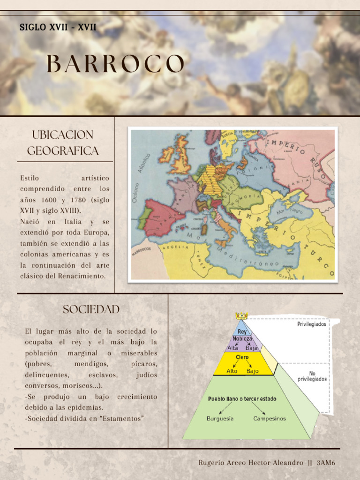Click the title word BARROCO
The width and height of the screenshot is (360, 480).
pos(115,64)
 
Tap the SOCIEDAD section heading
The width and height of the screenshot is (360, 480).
pos(91,309)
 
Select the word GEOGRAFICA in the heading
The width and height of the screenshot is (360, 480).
pos(63,151)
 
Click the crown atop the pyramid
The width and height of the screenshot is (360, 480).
pos(242,317)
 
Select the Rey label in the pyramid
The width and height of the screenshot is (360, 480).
pos(242,331)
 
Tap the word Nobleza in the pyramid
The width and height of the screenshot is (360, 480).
pos(242,339)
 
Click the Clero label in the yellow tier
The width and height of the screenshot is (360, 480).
pos(242,357)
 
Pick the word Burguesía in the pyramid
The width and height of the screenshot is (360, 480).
pos(220,419)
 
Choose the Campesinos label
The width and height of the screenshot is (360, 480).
pos(270,419)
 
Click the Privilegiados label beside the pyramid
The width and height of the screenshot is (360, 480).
pos(311,324)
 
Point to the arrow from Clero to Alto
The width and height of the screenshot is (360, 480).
pos(236,364)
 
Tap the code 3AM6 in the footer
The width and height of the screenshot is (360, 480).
pos(326,463)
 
